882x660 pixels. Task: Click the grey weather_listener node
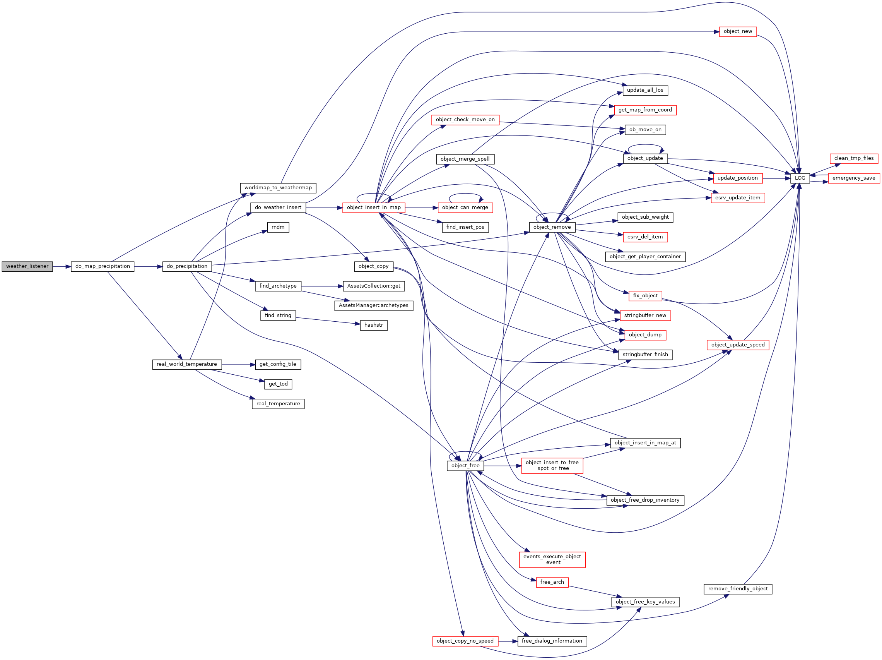tap(27, 267)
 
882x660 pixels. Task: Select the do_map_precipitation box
tap(103, 267)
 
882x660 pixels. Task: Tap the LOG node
tap(800, 178)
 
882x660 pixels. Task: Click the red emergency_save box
tap(854, 178)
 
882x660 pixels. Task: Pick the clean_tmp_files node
tap(854, 158)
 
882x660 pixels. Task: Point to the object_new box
tap(738, 31)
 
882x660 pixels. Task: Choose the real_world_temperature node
tap(186, 364)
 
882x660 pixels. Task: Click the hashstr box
tap(374, 325)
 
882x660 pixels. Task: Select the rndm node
tap(278, 228)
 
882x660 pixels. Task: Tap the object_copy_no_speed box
tap(465, 641)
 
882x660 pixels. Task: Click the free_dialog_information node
tap(552, 641)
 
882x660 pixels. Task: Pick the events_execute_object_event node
tap(552, 559)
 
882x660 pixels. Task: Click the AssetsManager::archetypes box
tap(374, 306)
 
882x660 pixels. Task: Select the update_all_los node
tap(645, 91)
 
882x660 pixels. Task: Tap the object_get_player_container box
tap(645, 257)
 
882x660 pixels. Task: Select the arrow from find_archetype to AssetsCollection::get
tap(322, 286)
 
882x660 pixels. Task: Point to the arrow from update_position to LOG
tap(776, 178)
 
